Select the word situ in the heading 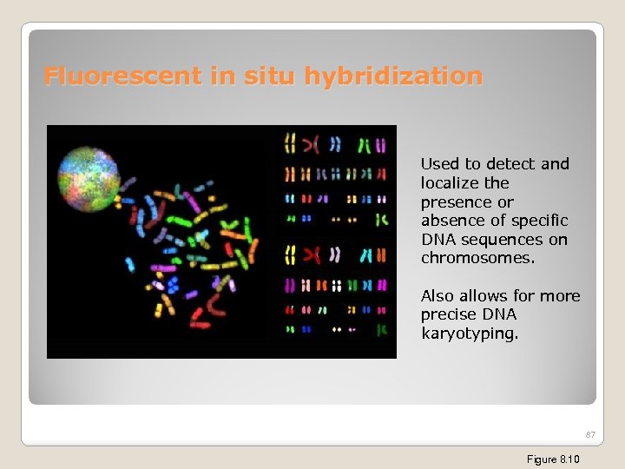click(263, 76)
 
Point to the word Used click(439, 164)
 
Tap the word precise click(448, 314)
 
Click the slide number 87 click(590, 434)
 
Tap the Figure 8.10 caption click(553, 459)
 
